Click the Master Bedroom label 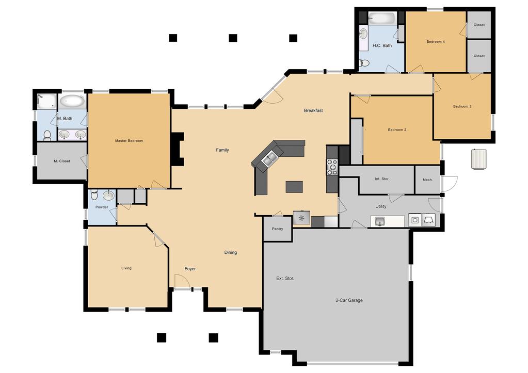(129, 141)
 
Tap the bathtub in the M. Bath (72, 101)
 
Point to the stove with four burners (332, 167)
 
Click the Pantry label (278, 229)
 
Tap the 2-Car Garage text (349, 300)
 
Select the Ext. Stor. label (285, 279)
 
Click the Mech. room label (428, 180)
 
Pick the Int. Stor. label (382, 179)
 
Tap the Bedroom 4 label (436, 42)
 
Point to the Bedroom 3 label (462, 106)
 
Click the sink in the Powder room (108, 195)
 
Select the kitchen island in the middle (294, 187)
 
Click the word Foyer (190, 269)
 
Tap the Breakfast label (313, 110)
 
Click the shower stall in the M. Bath (46, 101)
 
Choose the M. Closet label (62, 161)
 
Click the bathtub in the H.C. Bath (382, 18)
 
